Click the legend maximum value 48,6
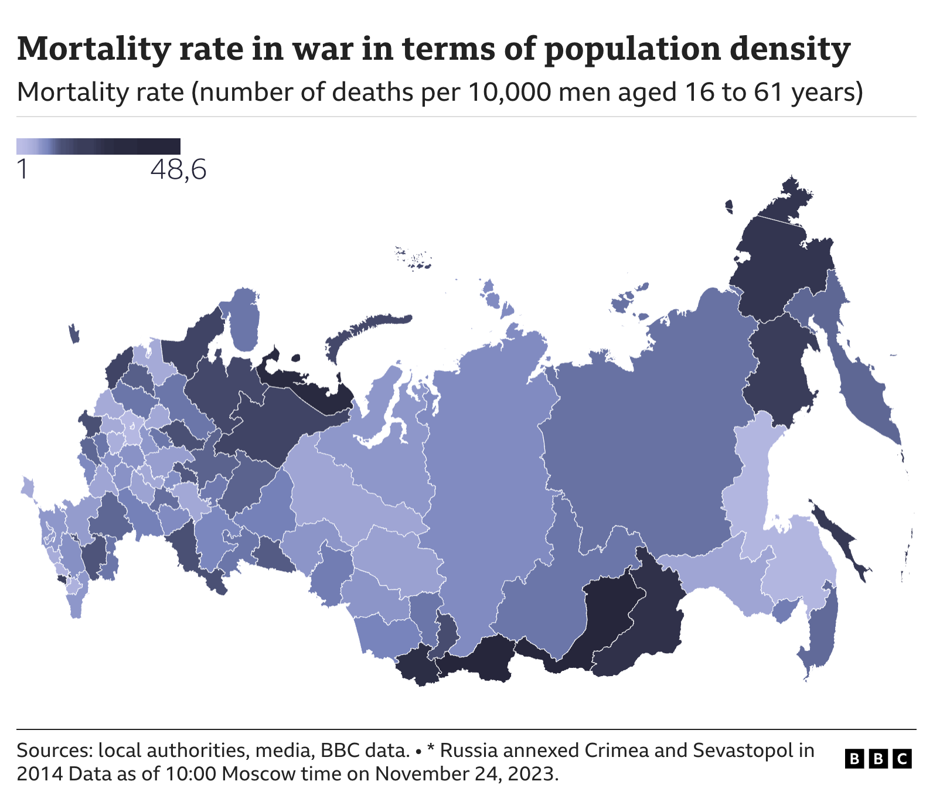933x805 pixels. click(x=178, y=170)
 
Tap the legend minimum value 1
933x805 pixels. click(x=22, y=170)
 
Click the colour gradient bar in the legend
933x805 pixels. click(x=98, y=146)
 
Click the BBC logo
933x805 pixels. click(x=878, y=759)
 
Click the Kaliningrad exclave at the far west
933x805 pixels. click(x=74, y=334)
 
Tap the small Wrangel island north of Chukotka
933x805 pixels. click(x=729, y=207)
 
